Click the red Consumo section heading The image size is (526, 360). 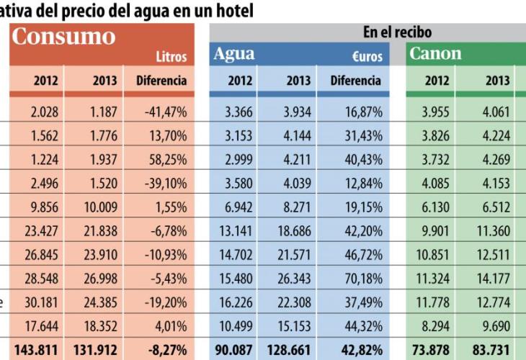click(x=63, y=37)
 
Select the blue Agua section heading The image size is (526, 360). click(x=235, y=54)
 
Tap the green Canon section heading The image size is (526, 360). click(x=435, y=54)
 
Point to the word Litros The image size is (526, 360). click(x=171, y=56)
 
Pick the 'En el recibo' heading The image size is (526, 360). click(x=397, y=32)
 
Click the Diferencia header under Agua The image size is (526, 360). click(x=355, y=81)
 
